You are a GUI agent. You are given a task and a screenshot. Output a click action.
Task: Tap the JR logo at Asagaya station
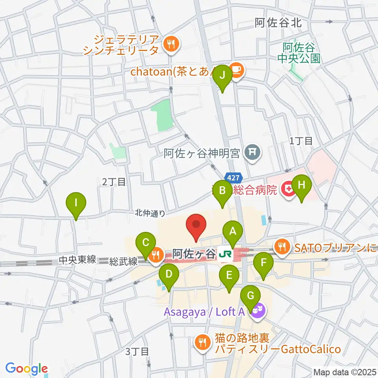click(226, 255)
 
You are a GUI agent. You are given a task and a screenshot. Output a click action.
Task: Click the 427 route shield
click(232, 177)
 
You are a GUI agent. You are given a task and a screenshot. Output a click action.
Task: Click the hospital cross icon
click(287, 190)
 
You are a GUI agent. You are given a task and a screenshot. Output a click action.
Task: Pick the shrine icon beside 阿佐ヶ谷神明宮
click(250, 152)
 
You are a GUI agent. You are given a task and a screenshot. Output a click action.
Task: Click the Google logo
click(26, 369)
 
